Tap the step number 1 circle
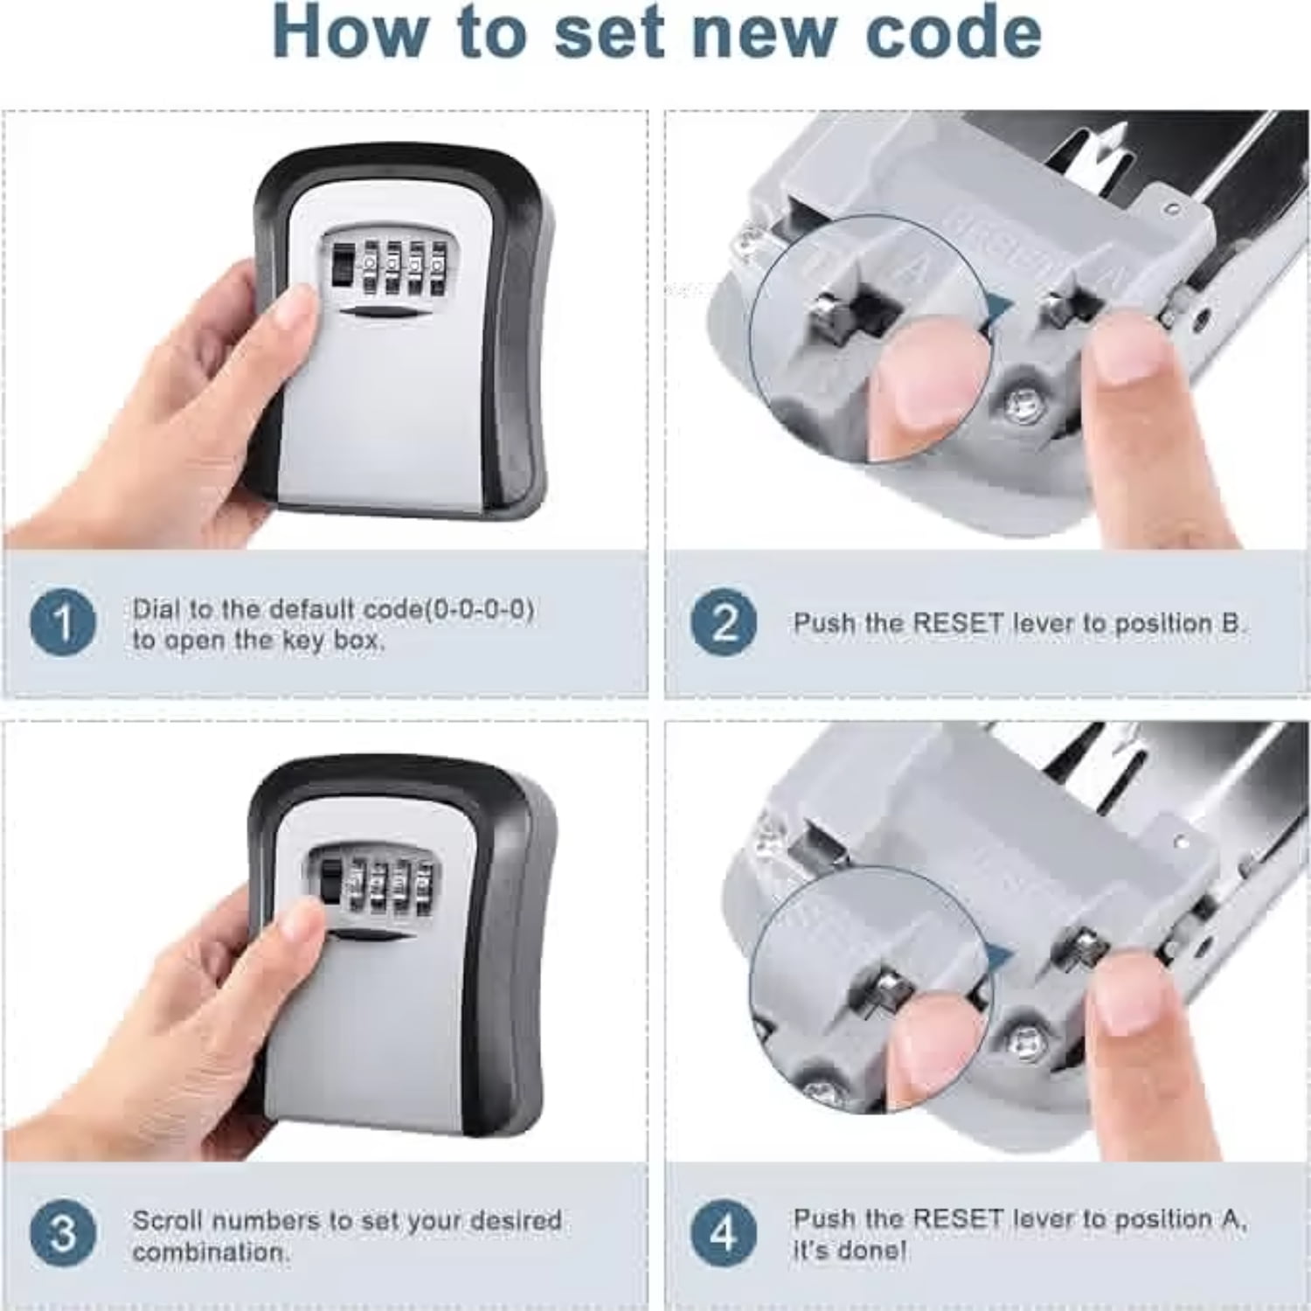[x=62, y=623]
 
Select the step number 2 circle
[x=724, y=623]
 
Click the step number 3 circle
[x=62, y=1233]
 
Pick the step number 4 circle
[x=724, y=1233]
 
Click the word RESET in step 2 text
[x=958, y=623]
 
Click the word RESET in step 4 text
[x=958, y=1218]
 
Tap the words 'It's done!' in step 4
[x=850, y=1250]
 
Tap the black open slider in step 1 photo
[x=343, y=262]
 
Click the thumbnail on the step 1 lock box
[x=292, y=314]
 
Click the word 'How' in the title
[x=350, y=33]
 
